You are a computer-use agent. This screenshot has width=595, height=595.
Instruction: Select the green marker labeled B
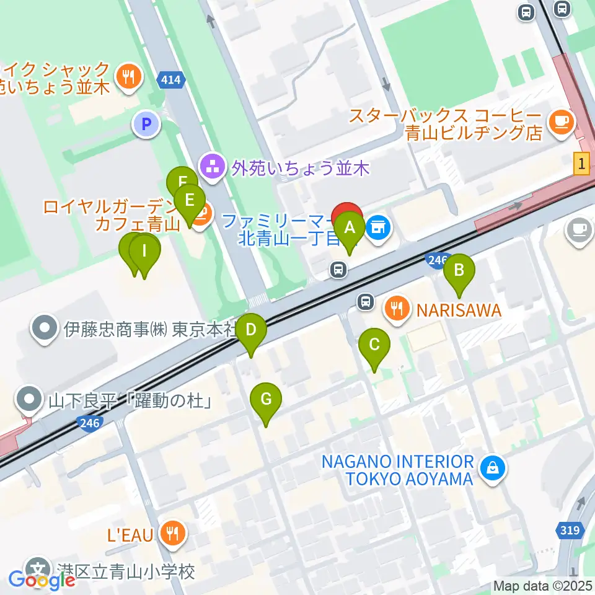click(459, 270)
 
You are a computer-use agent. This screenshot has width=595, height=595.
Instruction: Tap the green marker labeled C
click(374, 345)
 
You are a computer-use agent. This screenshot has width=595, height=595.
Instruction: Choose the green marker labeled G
click(266, 399)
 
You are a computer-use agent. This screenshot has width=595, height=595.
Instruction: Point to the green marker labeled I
click(145, 252)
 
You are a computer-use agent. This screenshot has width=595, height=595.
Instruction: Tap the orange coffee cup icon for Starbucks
click(562, 120)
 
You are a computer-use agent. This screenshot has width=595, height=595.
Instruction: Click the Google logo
click(42, 580)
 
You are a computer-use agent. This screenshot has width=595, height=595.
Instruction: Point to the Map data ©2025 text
click(543, 586)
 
